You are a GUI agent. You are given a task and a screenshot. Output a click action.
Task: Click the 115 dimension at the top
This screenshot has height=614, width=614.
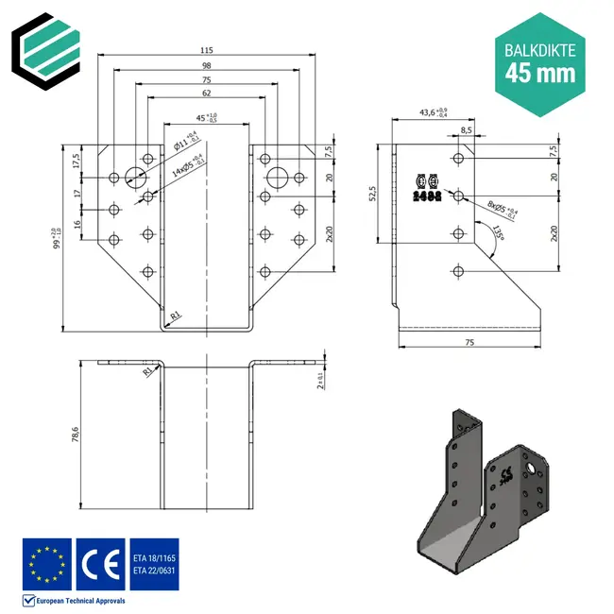click(x=205, y=50)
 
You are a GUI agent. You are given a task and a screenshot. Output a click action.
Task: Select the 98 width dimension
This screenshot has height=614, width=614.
click(x=205, y=66)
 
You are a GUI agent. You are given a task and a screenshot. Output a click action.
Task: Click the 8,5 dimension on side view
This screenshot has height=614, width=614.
click(x=467, y=130)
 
